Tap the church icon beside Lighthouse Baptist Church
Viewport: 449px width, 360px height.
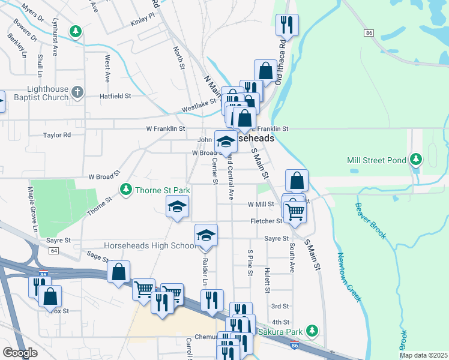coord(77,92)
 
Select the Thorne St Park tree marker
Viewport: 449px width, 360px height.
coord(125,190)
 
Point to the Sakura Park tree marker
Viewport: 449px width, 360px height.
coord(312,331)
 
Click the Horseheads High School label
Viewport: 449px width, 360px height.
coord(142,246)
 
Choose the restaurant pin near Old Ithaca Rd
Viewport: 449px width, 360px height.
coord(287,25)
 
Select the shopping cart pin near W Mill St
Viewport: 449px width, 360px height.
coord(295,211)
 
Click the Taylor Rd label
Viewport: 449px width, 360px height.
coord(57,136)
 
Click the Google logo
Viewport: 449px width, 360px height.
coord(20,353)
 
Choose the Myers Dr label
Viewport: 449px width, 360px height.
coord(32,13)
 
